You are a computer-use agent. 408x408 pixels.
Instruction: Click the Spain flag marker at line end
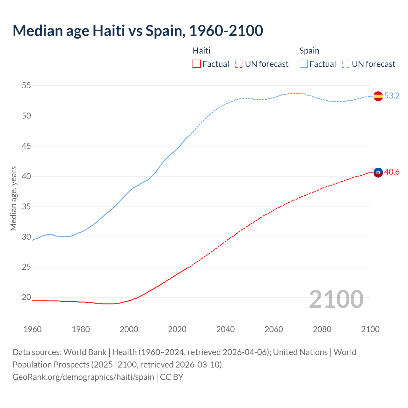coord(378,96)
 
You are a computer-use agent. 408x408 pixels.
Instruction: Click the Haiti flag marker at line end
coord(378,172)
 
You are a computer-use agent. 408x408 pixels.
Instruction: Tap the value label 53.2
coord(392,96)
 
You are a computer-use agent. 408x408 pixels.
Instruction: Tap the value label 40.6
coord(392,172)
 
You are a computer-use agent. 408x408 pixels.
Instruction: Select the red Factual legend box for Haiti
coord(197,64)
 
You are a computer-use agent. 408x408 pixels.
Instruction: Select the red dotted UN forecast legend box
coord(239,64)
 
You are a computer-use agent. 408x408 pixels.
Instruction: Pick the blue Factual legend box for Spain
coord(303,64)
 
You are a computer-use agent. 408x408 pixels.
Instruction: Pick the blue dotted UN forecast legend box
coord(346,64)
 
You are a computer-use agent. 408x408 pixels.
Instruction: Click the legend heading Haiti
coord(201,51)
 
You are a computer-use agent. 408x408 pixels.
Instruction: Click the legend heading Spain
coord(309,51)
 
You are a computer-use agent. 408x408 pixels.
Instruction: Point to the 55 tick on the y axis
coord(26,85)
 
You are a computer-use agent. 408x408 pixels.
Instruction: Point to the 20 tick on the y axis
coord(26,297)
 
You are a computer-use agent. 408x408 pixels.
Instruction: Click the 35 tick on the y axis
coord(26,207)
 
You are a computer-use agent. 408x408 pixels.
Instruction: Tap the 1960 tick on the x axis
coord(33,329)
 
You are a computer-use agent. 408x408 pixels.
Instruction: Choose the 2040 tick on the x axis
coord(225,329)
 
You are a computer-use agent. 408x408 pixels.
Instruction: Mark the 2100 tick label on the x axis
coord(370,329)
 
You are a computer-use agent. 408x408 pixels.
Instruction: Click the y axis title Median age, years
coord(13,198)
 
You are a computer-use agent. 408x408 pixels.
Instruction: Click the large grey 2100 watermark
coord(336,299)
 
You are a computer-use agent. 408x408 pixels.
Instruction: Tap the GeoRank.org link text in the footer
coord(83,377)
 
